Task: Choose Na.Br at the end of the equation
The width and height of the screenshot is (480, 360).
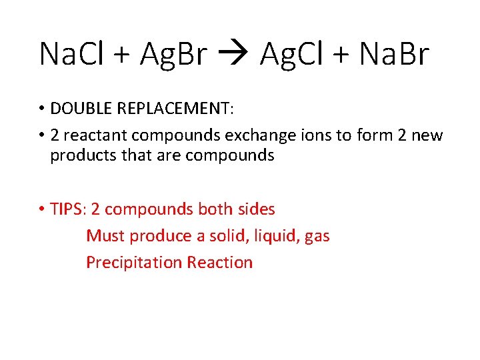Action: click(394, 54)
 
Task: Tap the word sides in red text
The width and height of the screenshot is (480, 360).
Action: click(255, 209)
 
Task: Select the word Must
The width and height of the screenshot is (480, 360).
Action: click(105, 236)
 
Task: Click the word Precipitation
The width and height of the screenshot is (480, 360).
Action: click(134, 263)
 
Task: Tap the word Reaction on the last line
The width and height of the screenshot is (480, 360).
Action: click(220, 263)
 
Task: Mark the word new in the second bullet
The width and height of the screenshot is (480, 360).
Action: click(426, 135)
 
